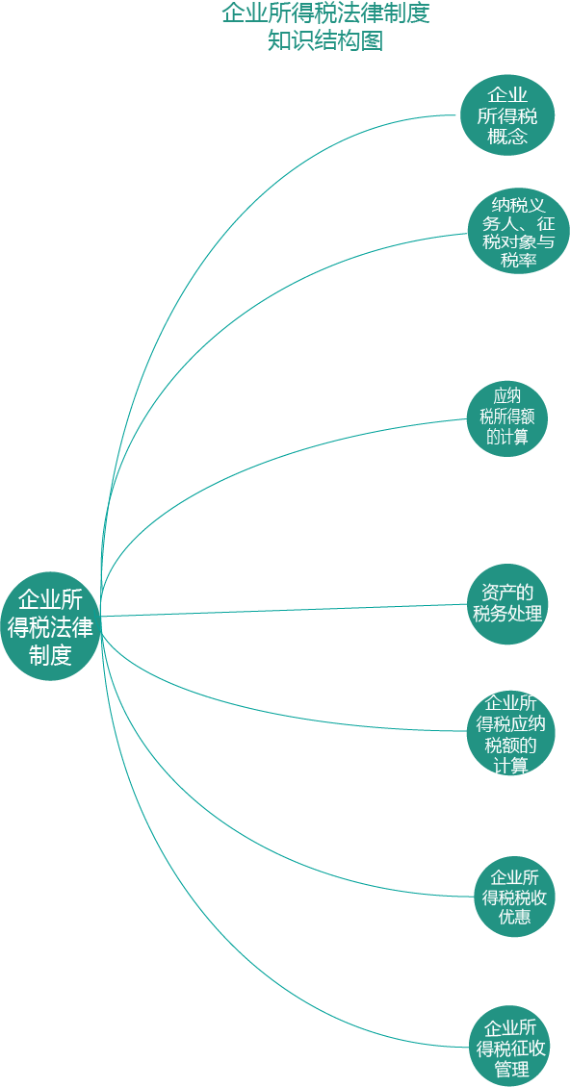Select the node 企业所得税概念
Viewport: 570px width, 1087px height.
[507, 115]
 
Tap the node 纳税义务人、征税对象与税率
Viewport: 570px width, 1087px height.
[518, 232]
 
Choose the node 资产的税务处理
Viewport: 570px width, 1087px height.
[506, 603]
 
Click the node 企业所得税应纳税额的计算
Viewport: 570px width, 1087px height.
[510, 733]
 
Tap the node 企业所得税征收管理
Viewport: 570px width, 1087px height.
[510, 1046]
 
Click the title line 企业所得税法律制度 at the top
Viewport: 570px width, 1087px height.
[325, 13]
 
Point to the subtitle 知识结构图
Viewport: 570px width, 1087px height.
[325, 41]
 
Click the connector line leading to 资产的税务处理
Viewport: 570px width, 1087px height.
[284, 609]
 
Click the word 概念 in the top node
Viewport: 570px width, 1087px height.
[507, 136]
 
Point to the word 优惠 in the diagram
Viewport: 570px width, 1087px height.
[514, 917]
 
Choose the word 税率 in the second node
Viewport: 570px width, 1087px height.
[519, 260]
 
